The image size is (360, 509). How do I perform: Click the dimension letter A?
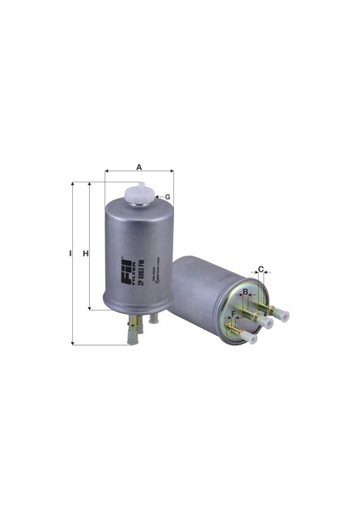pyautogui.click(x=138, y=166)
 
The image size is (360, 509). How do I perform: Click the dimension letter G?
pyautogui.click(x=168, y=197)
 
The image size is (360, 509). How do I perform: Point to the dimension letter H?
pyautogui.click(x=85, y=253)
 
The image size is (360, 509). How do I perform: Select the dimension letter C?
pyautogui.click(x=262, y=271)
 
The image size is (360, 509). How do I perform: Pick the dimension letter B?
pyautogui.click(x=245, y=292)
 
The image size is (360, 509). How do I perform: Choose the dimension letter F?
pyautogui.click(x=234, y=314)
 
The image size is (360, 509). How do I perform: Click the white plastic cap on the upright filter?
pyautogui.click(x=138, y=193)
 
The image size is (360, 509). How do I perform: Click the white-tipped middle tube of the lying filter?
pyautogui.click(x=267, y=322)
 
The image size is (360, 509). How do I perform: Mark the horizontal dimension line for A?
pyautogui.click(x=138, y=172)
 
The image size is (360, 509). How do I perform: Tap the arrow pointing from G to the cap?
pyautogui.click(x=158, y=197)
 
